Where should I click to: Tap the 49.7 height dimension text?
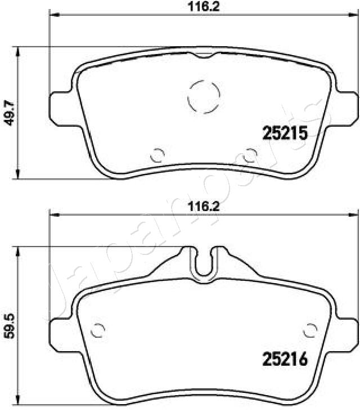(8, 113)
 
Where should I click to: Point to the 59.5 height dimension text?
(8, 324)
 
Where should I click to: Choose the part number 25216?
(286, 358)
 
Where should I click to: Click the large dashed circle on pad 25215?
(202, 96)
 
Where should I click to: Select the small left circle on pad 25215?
(158, 153)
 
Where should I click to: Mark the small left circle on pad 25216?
(97, 329)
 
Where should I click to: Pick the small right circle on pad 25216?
(310, 329)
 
